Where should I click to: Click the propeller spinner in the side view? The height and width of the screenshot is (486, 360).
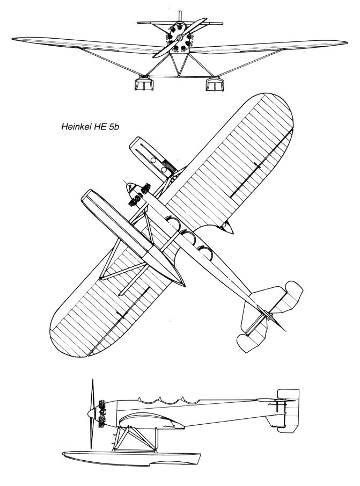(x=91, y=414)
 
